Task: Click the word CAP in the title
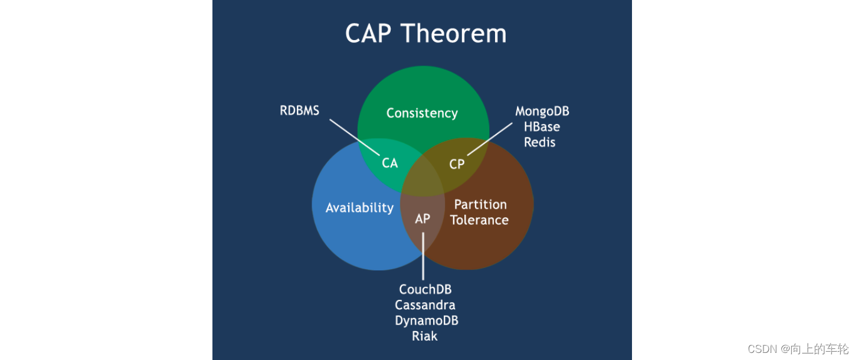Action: (368, 34)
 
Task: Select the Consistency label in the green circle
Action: (422, 113)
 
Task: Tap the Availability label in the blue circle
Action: (359, 208)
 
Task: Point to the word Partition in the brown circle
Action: (480, 204)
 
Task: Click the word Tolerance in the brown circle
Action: (479, 220)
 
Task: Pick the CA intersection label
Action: (390, 163)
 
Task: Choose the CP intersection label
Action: (457, 164)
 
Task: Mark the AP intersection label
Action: (423, 218)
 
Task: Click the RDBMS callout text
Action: (300, 110)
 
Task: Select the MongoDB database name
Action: (542, 112)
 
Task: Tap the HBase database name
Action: (542, 127)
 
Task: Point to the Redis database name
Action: (540, 142)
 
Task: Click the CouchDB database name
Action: (425, 290)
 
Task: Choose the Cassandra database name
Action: (425, 305)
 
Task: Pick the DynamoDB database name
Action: (427, 320)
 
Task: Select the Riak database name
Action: (425, 336)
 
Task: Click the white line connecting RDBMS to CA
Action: (354, 138)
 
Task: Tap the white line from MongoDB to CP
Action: (490, 139)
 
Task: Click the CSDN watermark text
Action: (798, 349)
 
